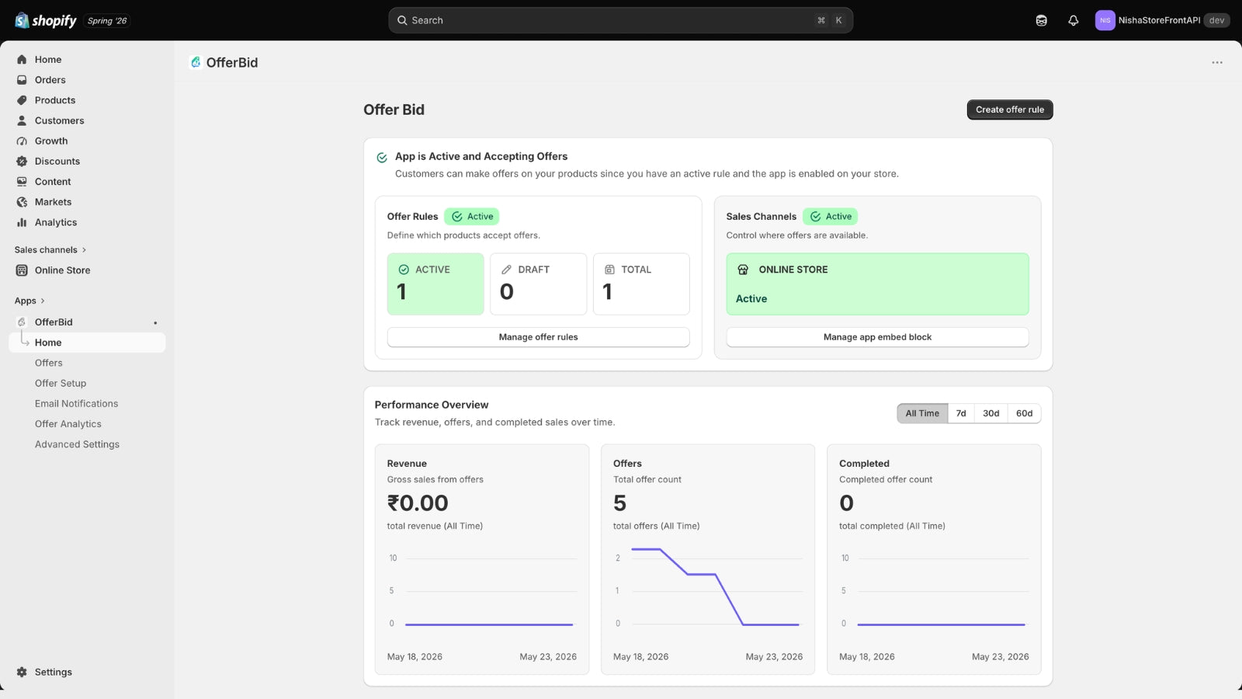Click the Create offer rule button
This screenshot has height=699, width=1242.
(x=1010, y=110)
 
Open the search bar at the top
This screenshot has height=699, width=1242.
(x=620, y=20)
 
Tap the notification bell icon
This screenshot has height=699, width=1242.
(x=1074, y=20)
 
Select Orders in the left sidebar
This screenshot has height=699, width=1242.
(x=50, y=80)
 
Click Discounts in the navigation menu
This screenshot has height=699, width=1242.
(x=57, y=162)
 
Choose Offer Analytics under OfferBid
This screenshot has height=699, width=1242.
(x=68, y=424)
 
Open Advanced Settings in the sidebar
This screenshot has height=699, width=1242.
(x=77, y=444)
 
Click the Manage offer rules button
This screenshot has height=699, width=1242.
(x=538, y=337)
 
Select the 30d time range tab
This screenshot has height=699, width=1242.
(x=990, y=413)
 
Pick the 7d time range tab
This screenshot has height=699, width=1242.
(x=961, y=413)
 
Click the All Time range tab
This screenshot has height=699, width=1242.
(x=922, y=413)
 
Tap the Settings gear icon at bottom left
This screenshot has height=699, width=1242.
(x=22, y=672)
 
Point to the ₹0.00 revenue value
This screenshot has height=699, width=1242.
(x=418, y=503)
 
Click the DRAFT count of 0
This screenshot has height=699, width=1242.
(x=507, y=292)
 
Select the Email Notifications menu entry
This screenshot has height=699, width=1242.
(x=77, y=404)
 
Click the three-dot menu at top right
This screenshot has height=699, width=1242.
(x=1217, y=63)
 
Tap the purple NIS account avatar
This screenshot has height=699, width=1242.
(x=1105, y=20)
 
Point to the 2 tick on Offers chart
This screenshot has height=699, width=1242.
(x=618, y=558)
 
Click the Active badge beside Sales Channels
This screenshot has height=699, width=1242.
(x=830, y=217)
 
